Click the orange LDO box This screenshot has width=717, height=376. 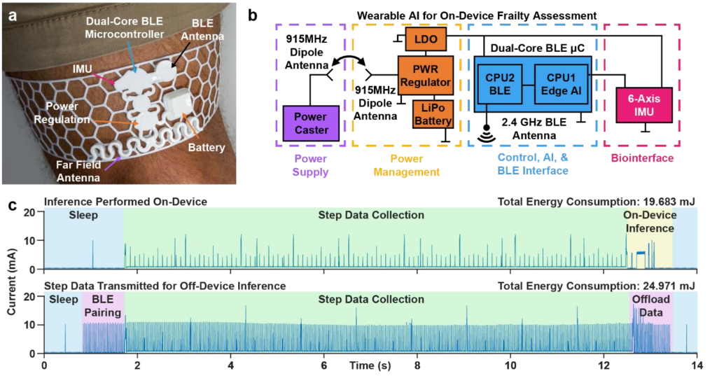(x=425, y=39)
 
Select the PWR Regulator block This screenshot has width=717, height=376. (x=425, y=76)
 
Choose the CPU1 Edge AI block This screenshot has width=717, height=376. (x=561, y=85)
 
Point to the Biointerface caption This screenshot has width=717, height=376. (x=642, y=158)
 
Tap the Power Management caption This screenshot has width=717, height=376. (x=408, y=165)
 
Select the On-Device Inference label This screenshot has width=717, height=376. (x=650, y=221)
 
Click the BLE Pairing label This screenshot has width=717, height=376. (x=103, y=306)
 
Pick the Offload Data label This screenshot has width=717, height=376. (x=651, y=306)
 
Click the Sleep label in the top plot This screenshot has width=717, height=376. (x=83, y=216)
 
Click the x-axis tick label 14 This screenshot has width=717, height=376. (x=697, y=365)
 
